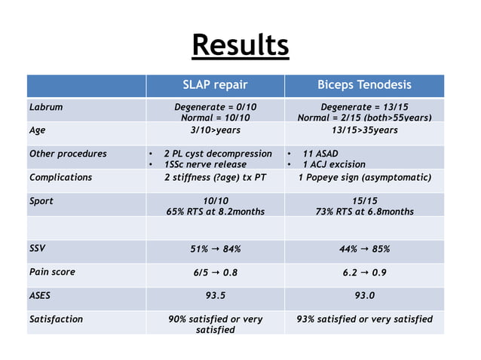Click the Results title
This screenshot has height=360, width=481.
pos(240,45)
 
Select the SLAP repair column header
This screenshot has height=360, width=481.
pos(215,84)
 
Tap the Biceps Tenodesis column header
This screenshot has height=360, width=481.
pos(364,84)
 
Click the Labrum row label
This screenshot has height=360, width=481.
pos(45,107)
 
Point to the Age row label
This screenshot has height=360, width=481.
pos(37,130)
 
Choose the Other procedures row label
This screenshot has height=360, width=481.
pos(67,154)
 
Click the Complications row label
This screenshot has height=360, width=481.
pos(60,178)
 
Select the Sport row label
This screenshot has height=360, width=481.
pos(41,201)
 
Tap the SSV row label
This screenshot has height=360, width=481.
pos(38,248)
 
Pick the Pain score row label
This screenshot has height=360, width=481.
pos(52,271)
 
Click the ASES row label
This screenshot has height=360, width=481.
pos(41,295)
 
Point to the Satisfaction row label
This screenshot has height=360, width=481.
pos(56,319)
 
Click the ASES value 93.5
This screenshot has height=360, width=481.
pos(215,296)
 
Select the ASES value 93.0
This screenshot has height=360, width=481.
pos(364,296)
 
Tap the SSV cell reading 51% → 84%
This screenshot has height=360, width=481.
pos(215,249)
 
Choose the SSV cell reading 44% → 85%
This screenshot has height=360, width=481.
pos(364,249)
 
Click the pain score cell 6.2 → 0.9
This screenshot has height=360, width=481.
pos(364,273)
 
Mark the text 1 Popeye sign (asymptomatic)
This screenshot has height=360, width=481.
pos(364,178)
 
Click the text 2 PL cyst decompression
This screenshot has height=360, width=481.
pos(218,154)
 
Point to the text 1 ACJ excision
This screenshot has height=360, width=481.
pos(333,164)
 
